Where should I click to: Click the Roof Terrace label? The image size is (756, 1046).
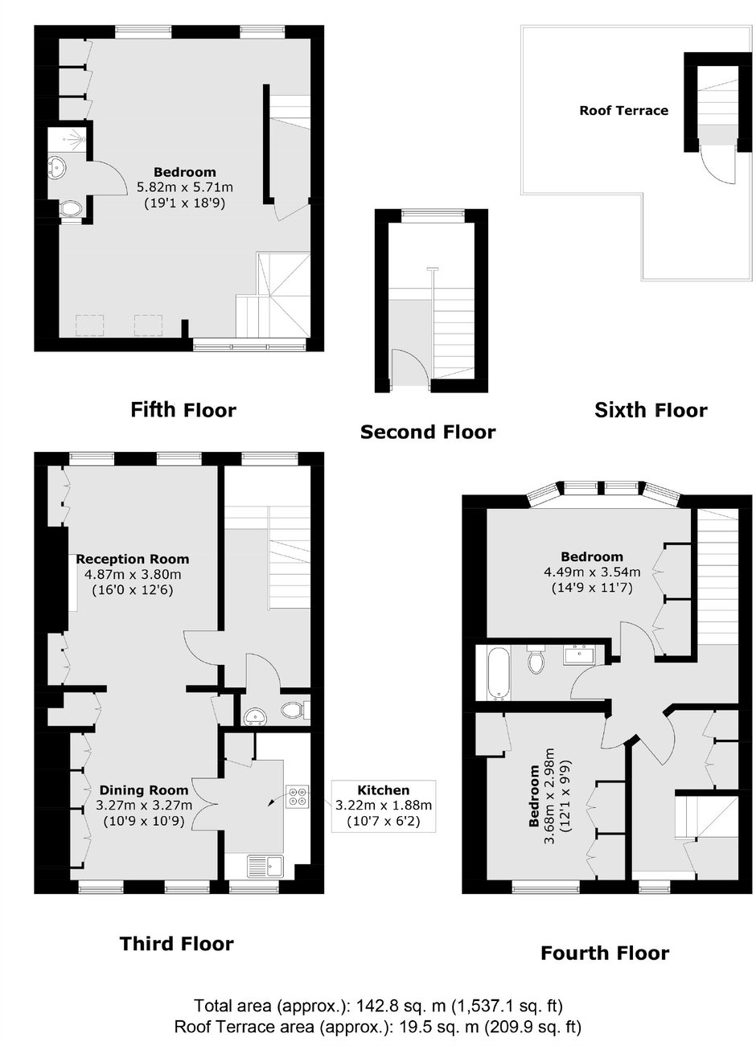(x=624, y=111)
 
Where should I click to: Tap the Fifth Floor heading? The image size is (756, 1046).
(x=183, y=410)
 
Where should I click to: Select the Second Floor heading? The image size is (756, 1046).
(x=428, y=432)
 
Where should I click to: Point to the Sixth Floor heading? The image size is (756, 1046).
(x=651, y=410)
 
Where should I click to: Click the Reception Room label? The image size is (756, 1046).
(x=133, y=559)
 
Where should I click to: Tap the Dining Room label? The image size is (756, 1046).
(x=144, y=790)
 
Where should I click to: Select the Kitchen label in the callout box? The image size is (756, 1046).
(x=383, y=790)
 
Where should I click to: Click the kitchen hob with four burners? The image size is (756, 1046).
(x=297, y=796)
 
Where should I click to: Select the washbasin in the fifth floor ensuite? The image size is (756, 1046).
(x=57, y=166)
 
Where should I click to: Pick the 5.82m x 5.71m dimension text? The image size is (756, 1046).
(x=184, y=187)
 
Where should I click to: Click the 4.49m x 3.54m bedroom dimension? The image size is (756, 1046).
(x=592, y=572)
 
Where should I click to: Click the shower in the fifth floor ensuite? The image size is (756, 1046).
(x=67, y=137)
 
